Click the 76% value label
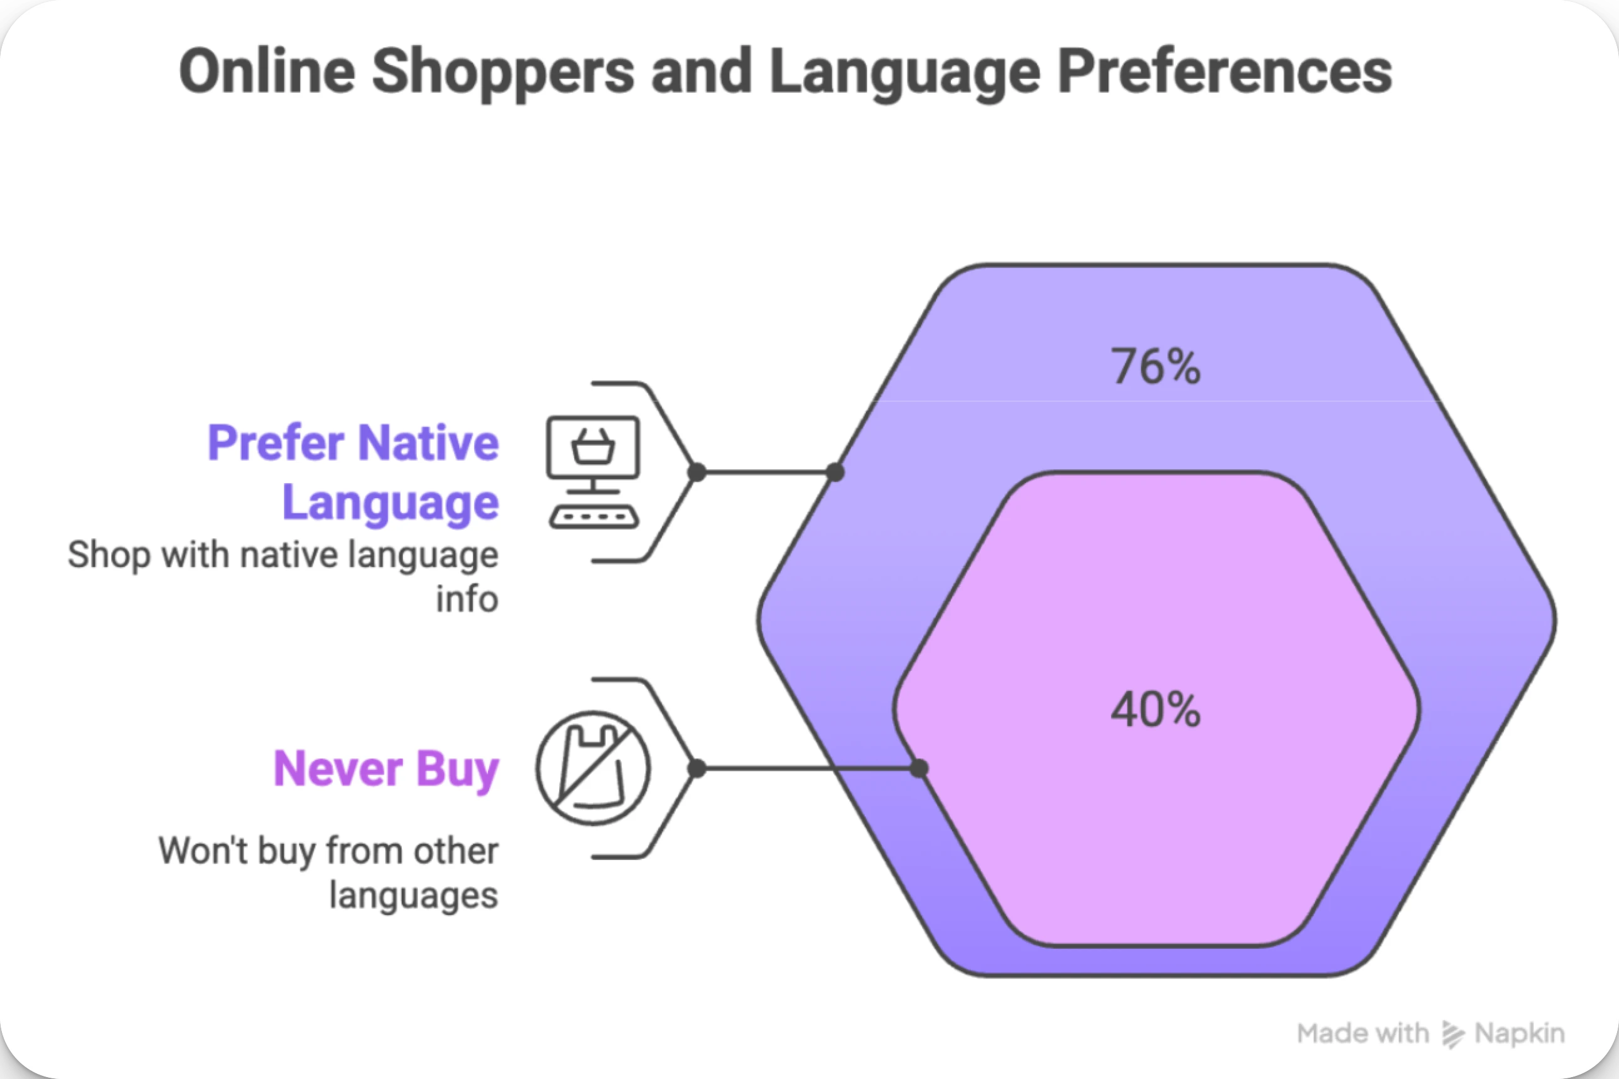[1155, 366]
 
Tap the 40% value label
[1155, 710]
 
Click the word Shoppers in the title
[503, 71]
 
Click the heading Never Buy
[386, 768]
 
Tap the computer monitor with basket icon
[593, 447]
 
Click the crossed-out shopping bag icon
[593, 768]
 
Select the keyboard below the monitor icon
[594, 517]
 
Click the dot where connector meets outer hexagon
[835, 472]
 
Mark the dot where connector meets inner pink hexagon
[919, 768]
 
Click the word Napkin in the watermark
[1520, 1033]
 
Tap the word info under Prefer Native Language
[467, 599]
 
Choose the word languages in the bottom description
[414, 895]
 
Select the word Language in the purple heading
[390, 503]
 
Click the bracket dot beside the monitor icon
[697, 472]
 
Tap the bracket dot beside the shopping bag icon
[697, 768]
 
